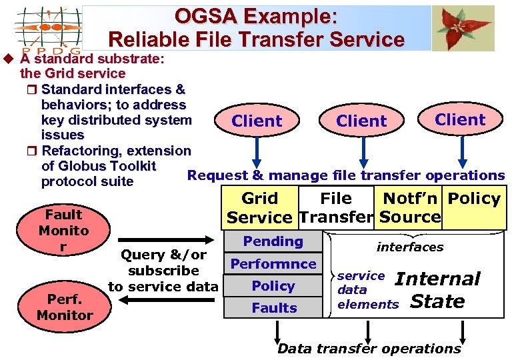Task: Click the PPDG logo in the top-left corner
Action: coord(47,29)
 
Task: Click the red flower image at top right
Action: coord(463,28)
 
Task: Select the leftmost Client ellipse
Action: coord(257,121)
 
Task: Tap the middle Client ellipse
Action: coord(361,121)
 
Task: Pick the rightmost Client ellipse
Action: coord(460,119)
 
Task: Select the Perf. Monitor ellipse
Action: coord(65,307)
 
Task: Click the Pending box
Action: coord(273,241)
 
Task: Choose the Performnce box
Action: coord(273,263)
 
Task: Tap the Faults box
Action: coord(273,307)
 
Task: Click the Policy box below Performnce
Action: coord(273,285)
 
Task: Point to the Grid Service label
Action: coord(259,207)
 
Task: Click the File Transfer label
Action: coord(336,207)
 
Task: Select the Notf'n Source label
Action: coord(409,207)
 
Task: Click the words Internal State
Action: coord(437,290)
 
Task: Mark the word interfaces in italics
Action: coord(409,247)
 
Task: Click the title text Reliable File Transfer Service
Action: coord(256,39)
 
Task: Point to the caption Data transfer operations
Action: coord(369,348)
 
